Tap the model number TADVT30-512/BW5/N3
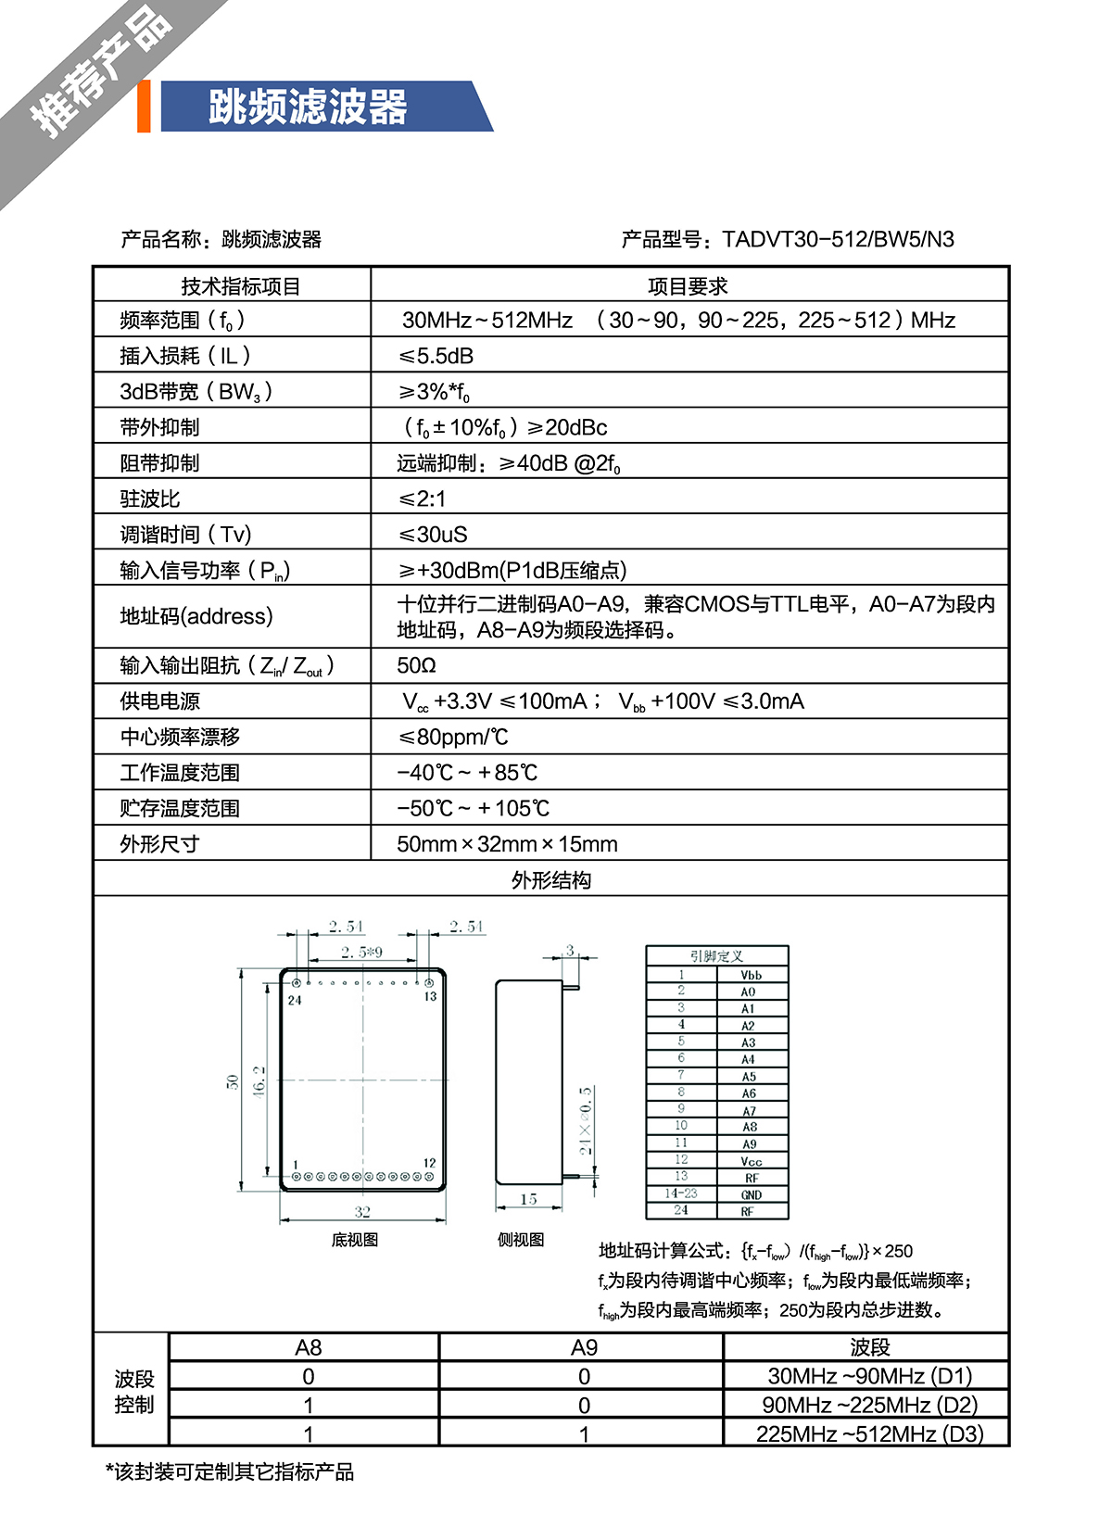click(838, 240)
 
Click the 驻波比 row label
click(150, 499)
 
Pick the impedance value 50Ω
click(416, 665)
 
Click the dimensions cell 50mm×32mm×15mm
click(507, 844)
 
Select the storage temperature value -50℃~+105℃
click(473, 809)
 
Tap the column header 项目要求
click(688, 286)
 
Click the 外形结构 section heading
click(551, 880)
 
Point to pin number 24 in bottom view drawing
click(295, 1000)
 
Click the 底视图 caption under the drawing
click(355, 1240)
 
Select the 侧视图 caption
click(521, 1240)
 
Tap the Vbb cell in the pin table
click(751, 975)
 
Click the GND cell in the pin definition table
click(751, 1195)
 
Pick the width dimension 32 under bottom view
click(362, 1212)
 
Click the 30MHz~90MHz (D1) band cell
click(869, 1376)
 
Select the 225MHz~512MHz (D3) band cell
click(869, 1433)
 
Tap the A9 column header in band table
click(584, 1347)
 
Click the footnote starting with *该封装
click(230, 1472)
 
